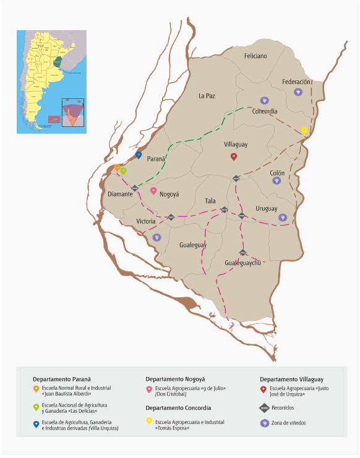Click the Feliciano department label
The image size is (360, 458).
coord(255,56)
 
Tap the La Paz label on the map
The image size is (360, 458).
coord(207,96)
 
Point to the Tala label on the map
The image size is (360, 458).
coord(210,201)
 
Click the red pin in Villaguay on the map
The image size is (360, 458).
coord(234,156)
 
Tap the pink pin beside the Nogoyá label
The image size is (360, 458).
coord(153,191)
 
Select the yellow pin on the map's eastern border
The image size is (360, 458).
coord(304,130)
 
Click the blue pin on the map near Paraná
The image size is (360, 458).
coord(139,155)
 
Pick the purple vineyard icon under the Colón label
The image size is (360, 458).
coord(276,180)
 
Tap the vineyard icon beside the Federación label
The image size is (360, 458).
coord(298,92)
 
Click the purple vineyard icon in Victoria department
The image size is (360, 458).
coord(156,237)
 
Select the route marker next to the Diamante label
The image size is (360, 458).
coord(135,188)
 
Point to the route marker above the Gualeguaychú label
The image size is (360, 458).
coord(243,252)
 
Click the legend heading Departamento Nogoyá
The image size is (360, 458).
coord(175,378)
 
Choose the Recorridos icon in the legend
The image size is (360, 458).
coord(264,408)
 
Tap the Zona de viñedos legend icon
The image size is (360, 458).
coord(264,423)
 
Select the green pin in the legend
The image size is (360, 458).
coord(36,407)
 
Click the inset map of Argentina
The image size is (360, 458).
coord(52,81)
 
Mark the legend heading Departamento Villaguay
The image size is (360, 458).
coord(291,378)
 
